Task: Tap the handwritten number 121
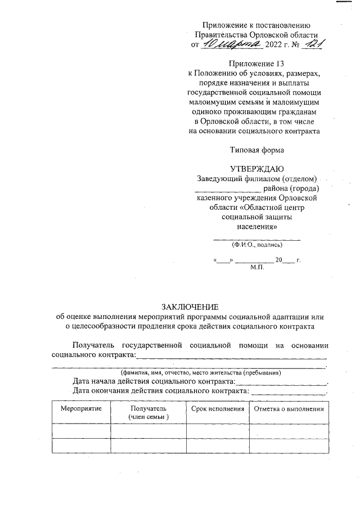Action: click(310, 43)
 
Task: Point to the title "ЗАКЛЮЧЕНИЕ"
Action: click(190, 307)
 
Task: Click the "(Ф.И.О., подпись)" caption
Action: click(257, 245)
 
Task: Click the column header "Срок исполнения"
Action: click(218, 408)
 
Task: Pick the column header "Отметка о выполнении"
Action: click(289, 408)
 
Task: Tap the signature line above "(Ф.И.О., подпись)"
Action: click(257, 240)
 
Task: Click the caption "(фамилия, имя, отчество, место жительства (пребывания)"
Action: click(200, 373)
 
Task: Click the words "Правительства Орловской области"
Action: click(256, 34)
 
